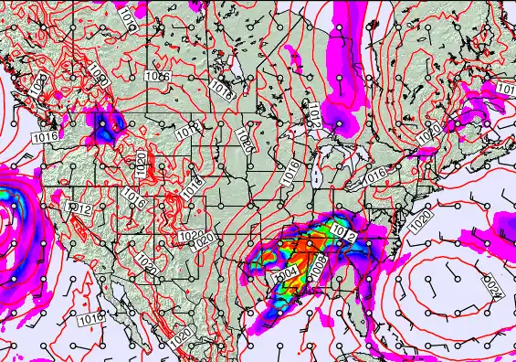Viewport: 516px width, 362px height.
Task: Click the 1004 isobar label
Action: click(286, 273)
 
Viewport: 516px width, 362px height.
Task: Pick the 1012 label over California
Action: click(79, 209)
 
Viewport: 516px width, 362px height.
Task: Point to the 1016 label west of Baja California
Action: click(90, 319)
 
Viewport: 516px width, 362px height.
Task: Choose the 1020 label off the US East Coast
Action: click(421, 219)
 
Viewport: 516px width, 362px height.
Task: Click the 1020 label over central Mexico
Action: click(182, 335)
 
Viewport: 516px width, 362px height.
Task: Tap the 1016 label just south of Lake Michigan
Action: click(291, 169)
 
